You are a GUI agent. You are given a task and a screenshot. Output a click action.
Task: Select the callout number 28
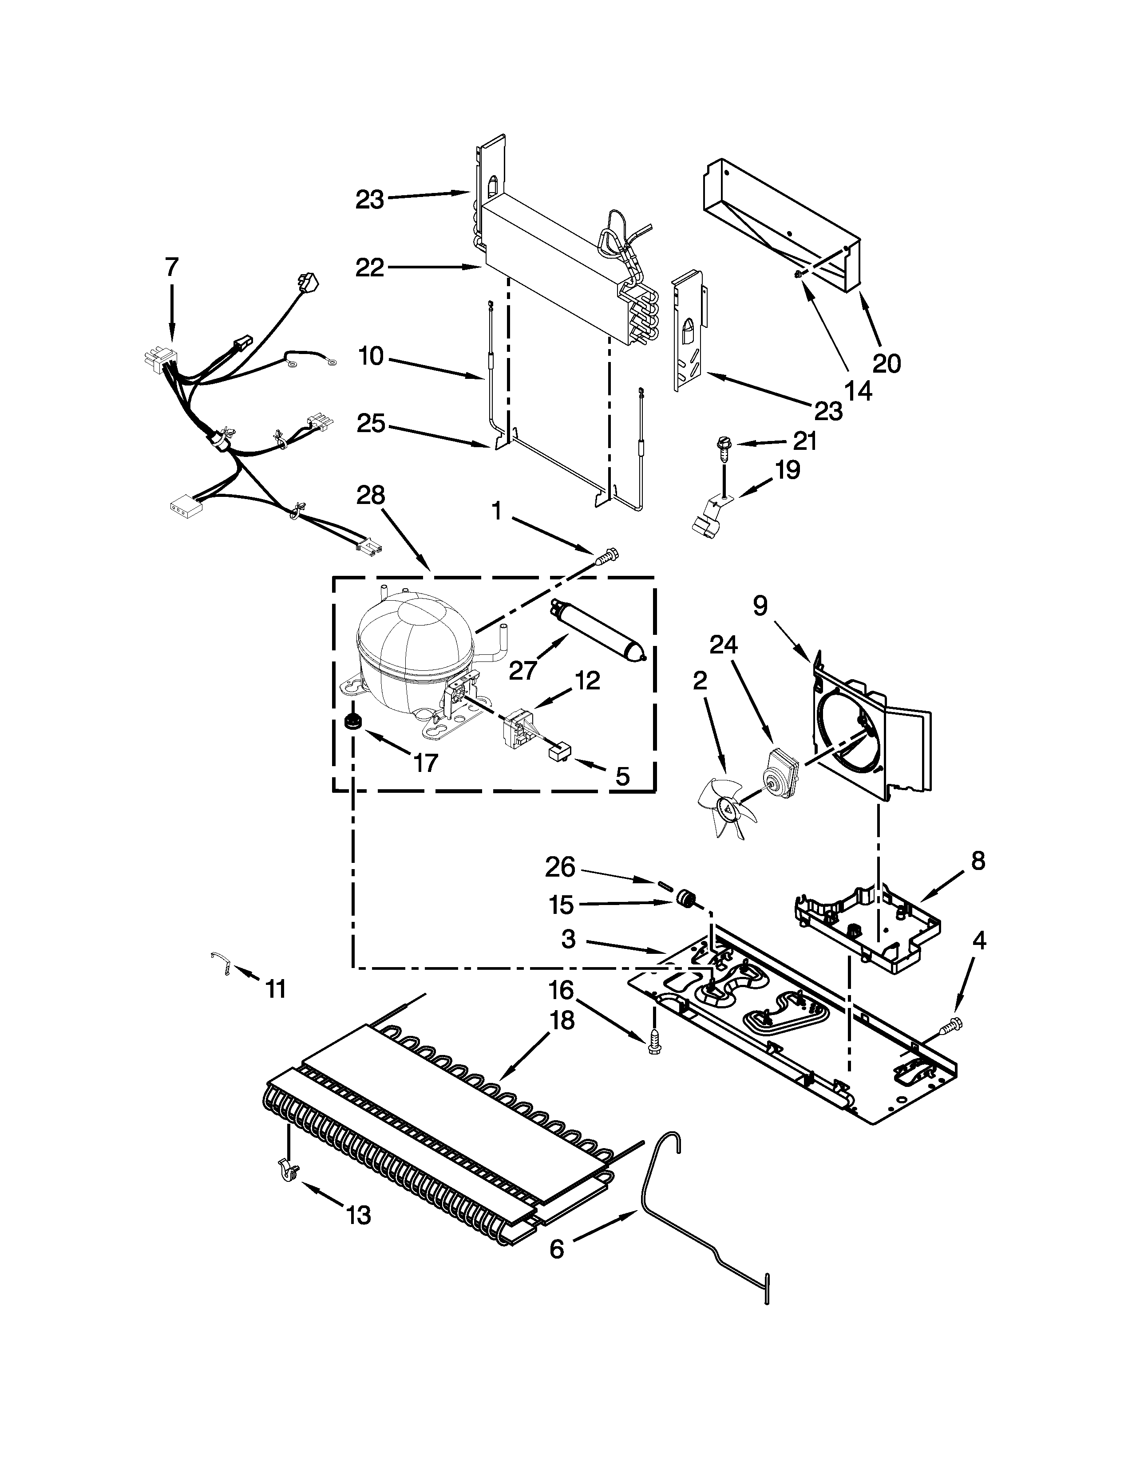click(x=370, y=496)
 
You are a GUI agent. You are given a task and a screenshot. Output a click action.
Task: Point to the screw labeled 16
click(x=654, y=1044)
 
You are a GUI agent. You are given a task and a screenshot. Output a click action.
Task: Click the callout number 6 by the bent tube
click(x=557, y=1249)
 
